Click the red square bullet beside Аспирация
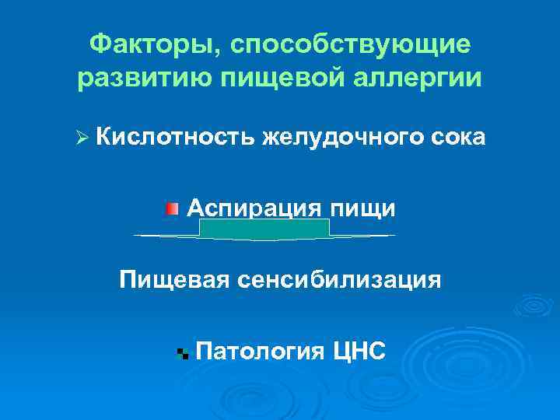tap(172, 208)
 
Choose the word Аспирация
tap(254, 208)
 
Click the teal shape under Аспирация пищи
tap(264, 229)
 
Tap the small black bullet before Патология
tap(183, 353)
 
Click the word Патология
tap(260, 351)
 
